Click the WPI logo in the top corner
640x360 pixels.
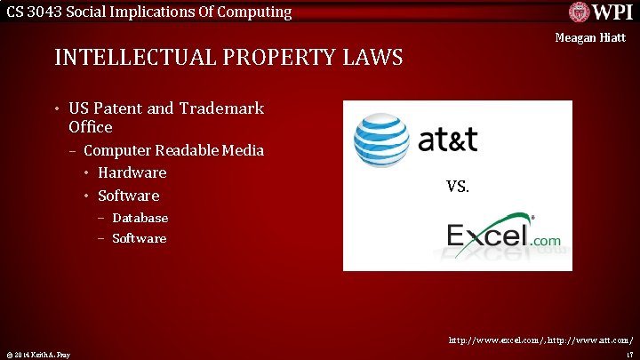coord(601,13)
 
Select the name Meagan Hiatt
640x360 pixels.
coord(590,38)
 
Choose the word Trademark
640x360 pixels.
coord(221,108)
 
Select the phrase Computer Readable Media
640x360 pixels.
coord(173,150)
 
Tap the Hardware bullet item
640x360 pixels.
coord(132,172)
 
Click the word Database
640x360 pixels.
coord(140,218)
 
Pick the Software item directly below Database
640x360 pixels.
coord(139,238)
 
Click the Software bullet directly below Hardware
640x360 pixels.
coord(129,196)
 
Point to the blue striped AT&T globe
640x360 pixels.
coord(381,140)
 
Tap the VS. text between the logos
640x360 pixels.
coord(458,187)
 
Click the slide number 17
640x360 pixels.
coord(628,355)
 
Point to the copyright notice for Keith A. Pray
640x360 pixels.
coord(37,355)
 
